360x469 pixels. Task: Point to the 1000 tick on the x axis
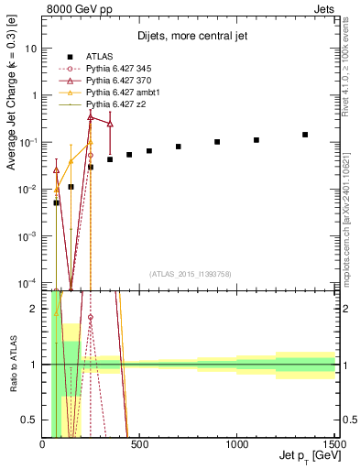click(238, 444)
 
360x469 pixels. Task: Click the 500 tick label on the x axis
click(140, 444)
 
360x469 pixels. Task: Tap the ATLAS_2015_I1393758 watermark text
click(189, 274)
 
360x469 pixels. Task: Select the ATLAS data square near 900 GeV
click(217, 142)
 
